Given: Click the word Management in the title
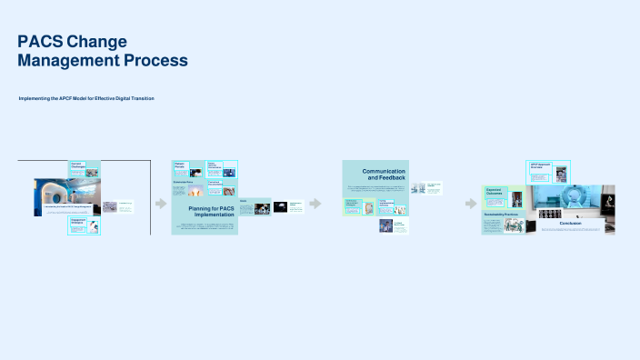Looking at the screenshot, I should point(60,61).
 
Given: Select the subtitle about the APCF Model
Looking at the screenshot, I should point(86,98).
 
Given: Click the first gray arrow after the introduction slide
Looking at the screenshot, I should point(161,204).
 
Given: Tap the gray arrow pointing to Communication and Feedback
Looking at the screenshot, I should point(315,204).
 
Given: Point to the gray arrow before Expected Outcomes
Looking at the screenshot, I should point(471,204).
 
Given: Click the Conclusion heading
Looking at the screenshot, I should point(570,223).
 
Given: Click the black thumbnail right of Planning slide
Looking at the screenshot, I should point(281,207).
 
